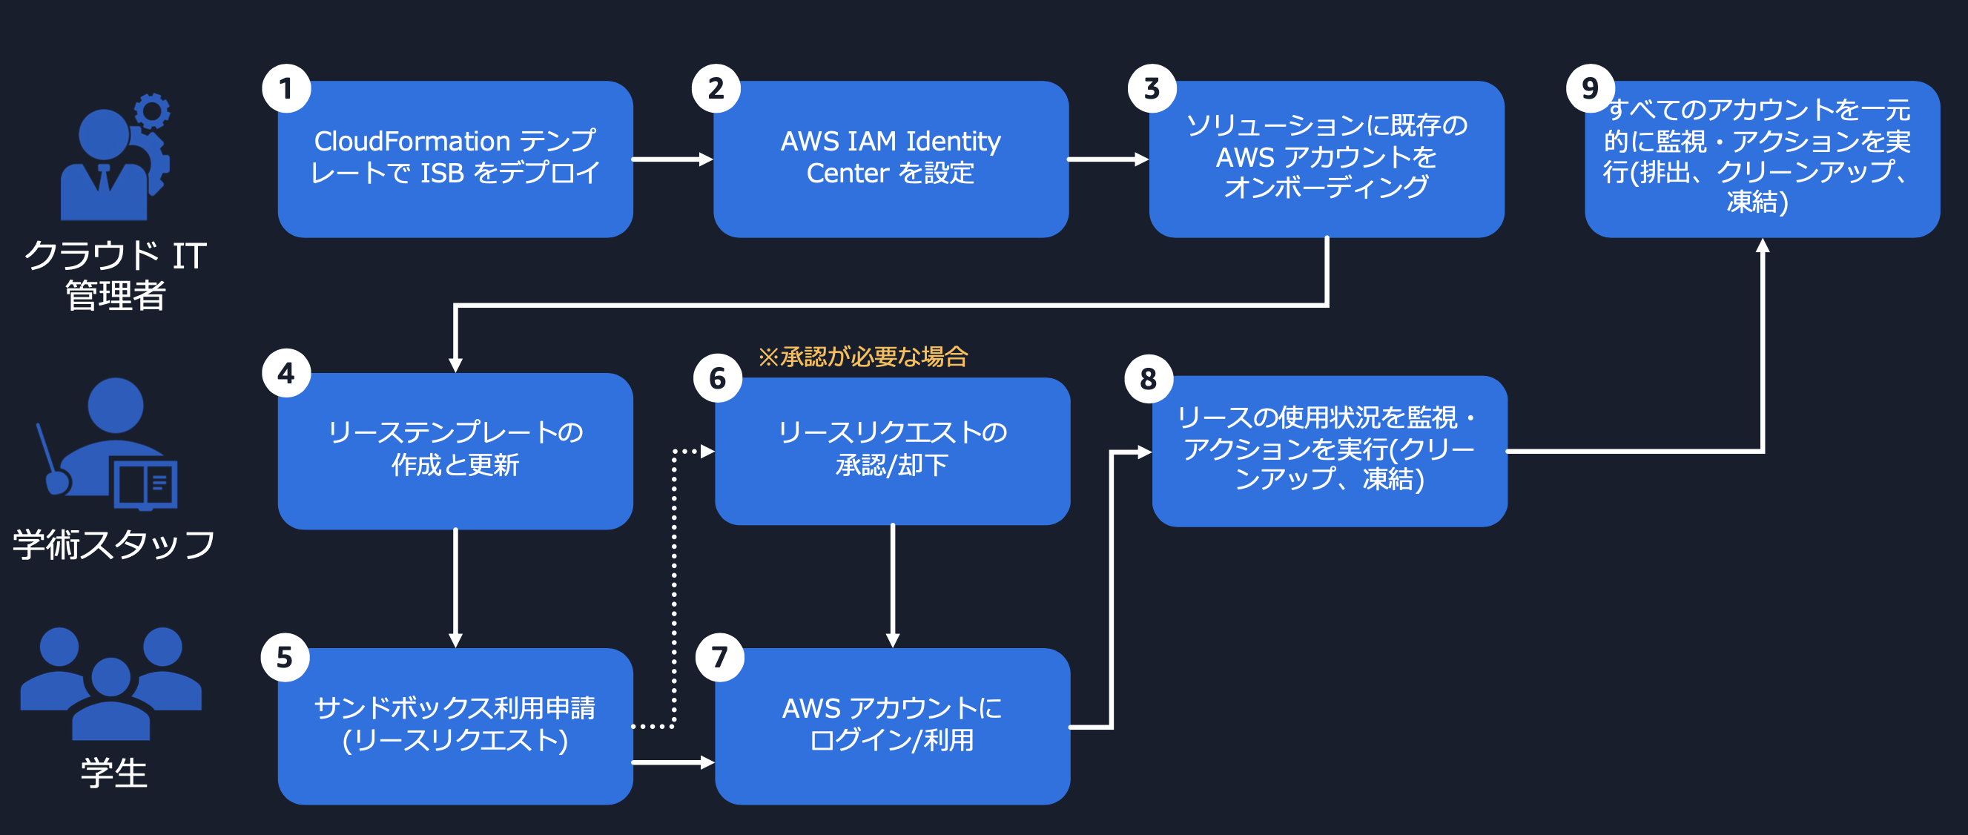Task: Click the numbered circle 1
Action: pyautogui.click(x=285, y=89)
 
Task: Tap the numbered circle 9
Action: pyautogui.click(x=1589, y=89)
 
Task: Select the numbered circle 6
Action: pyautogui.click(x=716, y=377)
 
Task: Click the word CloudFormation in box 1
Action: pyautogui.click(x=412, y=142)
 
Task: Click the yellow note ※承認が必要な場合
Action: pyautogui.click(x=862, y=357)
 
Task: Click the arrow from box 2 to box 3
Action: pyautogui.click(x=1108, y=159)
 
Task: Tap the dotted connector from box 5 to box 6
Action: pyautogui.click(x=674, y=588)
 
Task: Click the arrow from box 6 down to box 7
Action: pyautogui.click(x=892, y=585)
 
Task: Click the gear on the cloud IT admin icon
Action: pyautogui.click(x=153, y=111)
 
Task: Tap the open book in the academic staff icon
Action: pyautogui.click(x=145, y=483)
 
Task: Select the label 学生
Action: pyautogui.click(x=114, y=773)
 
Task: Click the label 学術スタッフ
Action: pyautogui.click(x=114, y=545)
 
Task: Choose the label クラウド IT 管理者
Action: pyautogui.click(x=115, y=275)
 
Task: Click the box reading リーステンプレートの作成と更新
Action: pyautogui.click(x=455, y=451)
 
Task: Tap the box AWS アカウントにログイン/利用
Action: pyautogui.click(x=892, y=726)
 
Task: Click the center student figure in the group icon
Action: pyautogui.click(x=111, y=699)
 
